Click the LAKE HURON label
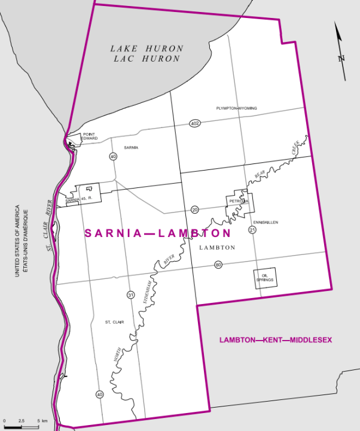147,48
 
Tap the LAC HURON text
147,59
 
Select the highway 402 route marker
194,123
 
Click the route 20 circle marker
195,210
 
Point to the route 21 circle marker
252,230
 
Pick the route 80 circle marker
218,265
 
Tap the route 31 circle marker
130,295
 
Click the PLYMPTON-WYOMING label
237,108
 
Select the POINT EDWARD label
90,137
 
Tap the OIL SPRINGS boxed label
264,278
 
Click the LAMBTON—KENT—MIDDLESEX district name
275,340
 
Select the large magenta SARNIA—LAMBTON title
158,233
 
